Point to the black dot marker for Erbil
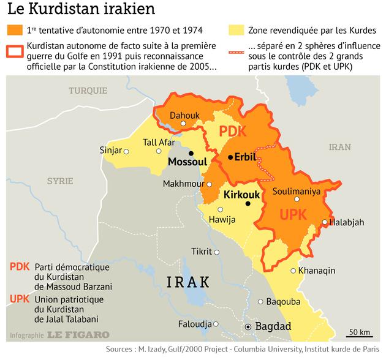[230, 157]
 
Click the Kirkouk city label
[243, 195]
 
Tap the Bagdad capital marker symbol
[248, 328]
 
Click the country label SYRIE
[60, 181]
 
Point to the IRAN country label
[339, 147]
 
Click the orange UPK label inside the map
[293, 215]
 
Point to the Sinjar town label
[110, 151]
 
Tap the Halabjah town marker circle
[325, 222]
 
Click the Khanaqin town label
[316, 270]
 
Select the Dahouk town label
[184, 114]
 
